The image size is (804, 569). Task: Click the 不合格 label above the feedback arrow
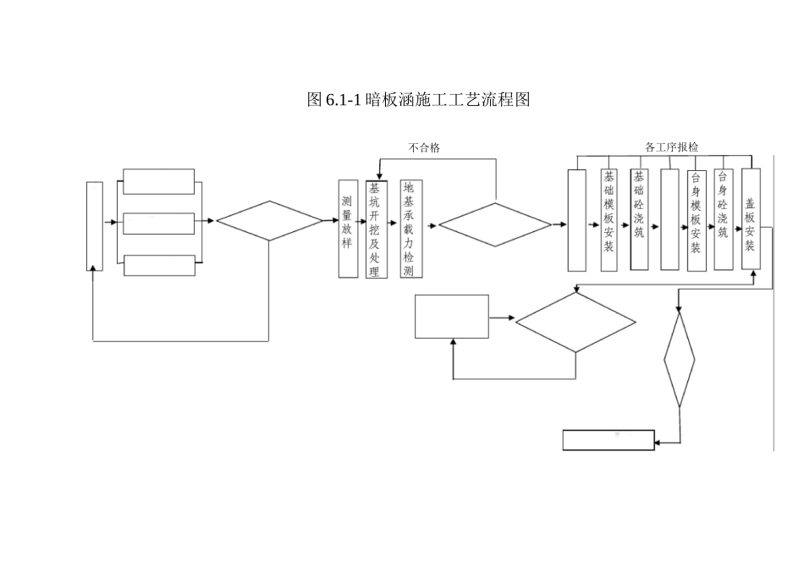tap(424, 148)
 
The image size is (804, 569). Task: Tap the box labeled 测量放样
tap(347, 228)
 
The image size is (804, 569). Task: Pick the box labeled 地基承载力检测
tap(410, 229)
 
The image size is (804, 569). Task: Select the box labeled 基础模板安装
tap(609, 219)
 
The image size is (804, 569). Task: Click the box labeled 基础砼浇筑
tap(639, 219)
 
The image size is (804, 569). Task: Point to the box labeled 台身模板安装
tap(696, 219)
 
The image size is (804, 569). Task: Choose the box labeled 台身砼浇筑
tap(723, 219)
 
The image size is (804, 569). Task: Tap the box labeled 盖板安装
tap(751, 219)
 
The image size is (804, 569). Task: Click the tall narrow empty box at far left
tap(95, 225)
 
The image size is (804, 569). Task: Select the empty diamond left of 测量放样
tap(269, 221)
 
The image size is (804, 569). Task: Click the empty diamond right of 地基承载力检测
tap(494, 225)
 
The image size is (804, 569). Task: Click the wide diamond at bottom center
tap(575, 323)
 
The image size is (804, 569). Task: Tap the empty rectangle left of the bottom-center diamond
tap(451, 316)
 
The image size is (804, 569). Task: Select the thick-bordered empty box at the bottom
tap(609, 440)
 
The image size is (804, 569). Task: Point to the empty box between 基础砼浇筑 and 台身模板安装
tap(669, 219)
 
